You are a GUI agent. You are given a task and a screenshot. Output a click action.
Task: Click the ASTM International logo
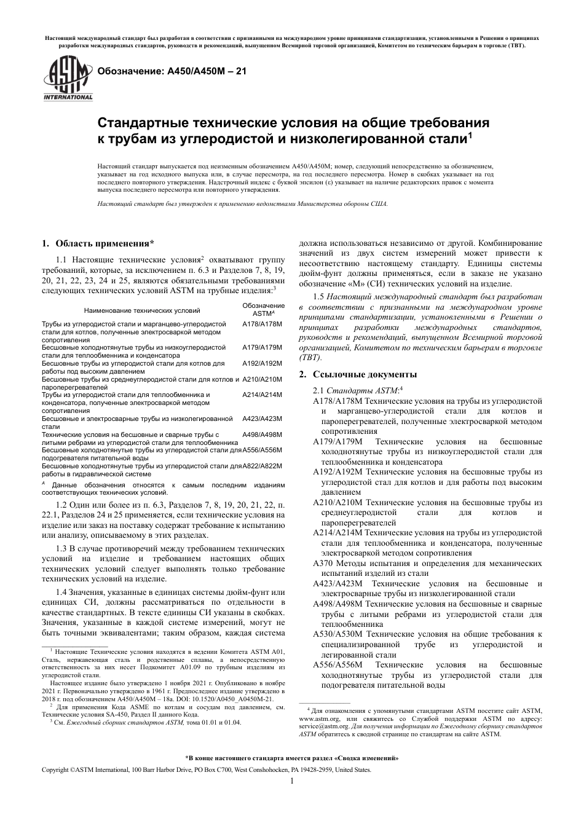[68, 79]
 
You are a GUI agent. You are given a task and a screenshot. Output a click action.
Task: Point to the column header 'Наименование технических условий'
[141, 310]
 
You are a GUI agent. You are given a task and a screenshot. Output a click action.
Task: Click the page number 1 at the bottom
[291, 781]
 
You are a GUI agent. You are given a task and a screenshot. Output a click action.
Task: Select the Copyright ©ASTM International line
[205, 769]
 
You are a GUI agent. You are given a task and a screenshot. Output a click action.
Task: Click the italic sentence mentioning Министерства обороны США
[242, 203]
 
